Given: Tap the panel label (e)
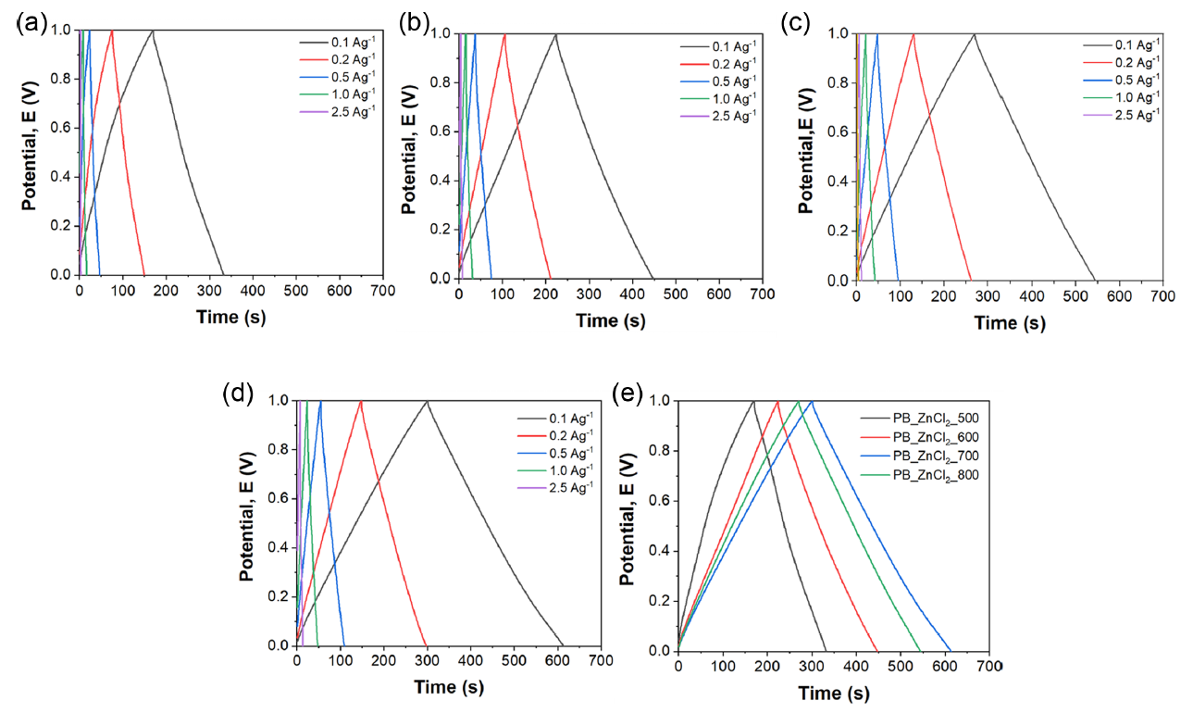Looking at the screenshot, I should pyautogui.click(x=630, y=394).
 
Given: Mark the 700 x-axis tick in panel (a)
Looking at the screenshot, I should pyautogui.click(x=382, y=291).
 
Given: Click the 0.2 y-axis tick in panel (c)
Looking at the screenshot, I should pyautogui.click(x=836, y=231).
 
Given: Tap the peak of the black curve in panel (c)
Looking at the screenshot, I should pyautogui.click(x=974, y=34).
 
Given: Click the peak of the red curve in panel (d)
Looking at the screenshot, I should pyautogui.click(x=360, y=401).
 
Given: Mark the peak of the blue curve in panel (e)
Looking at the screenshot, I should pyautogui.click(x=812, y=401).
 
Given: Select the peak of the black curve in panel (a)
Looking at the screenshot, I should pyautogui.click(x=153, y=31).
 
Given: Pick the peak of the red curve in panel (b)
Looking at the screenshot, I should pyautogui.click(x=504, y=34).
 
